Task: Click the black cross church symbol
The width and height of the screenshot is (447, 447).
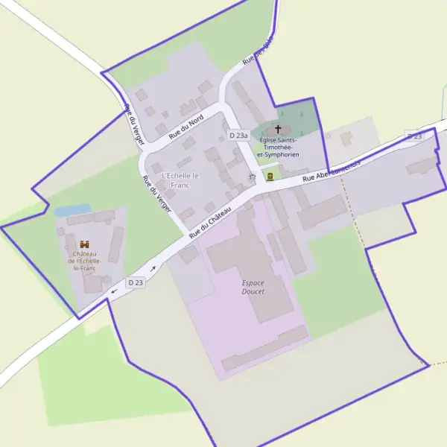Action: [279, 129]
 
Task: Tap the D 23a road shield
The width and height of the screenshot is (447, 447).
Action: [238, 136]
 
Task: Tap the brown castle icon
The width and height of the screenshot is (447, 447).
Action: [84, 244]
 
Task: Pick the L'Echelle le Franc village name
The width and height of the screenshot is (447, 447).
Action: [180, 180]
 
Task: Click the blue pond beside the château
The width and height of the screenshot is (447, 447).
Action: [72, 211]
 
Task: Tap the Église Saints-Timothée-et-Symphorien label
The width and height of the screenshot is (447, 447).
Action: [278, 148]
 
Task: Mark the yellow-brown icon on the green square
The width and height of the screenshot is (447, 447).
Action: [270, 176]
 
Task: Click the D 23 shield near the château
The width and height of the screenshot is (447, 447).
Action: [135, 282]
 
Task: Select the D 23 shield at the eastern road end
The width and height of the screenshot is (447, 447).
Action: [414, 136]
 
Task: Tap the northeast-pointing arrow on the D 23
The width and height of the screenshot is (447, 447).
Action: [153, 268]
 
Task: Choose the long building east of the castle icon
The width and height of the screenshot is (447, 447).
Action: [115, 245]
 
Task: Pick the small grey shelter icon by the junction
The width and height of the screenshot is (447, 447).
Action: [252, 177]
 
